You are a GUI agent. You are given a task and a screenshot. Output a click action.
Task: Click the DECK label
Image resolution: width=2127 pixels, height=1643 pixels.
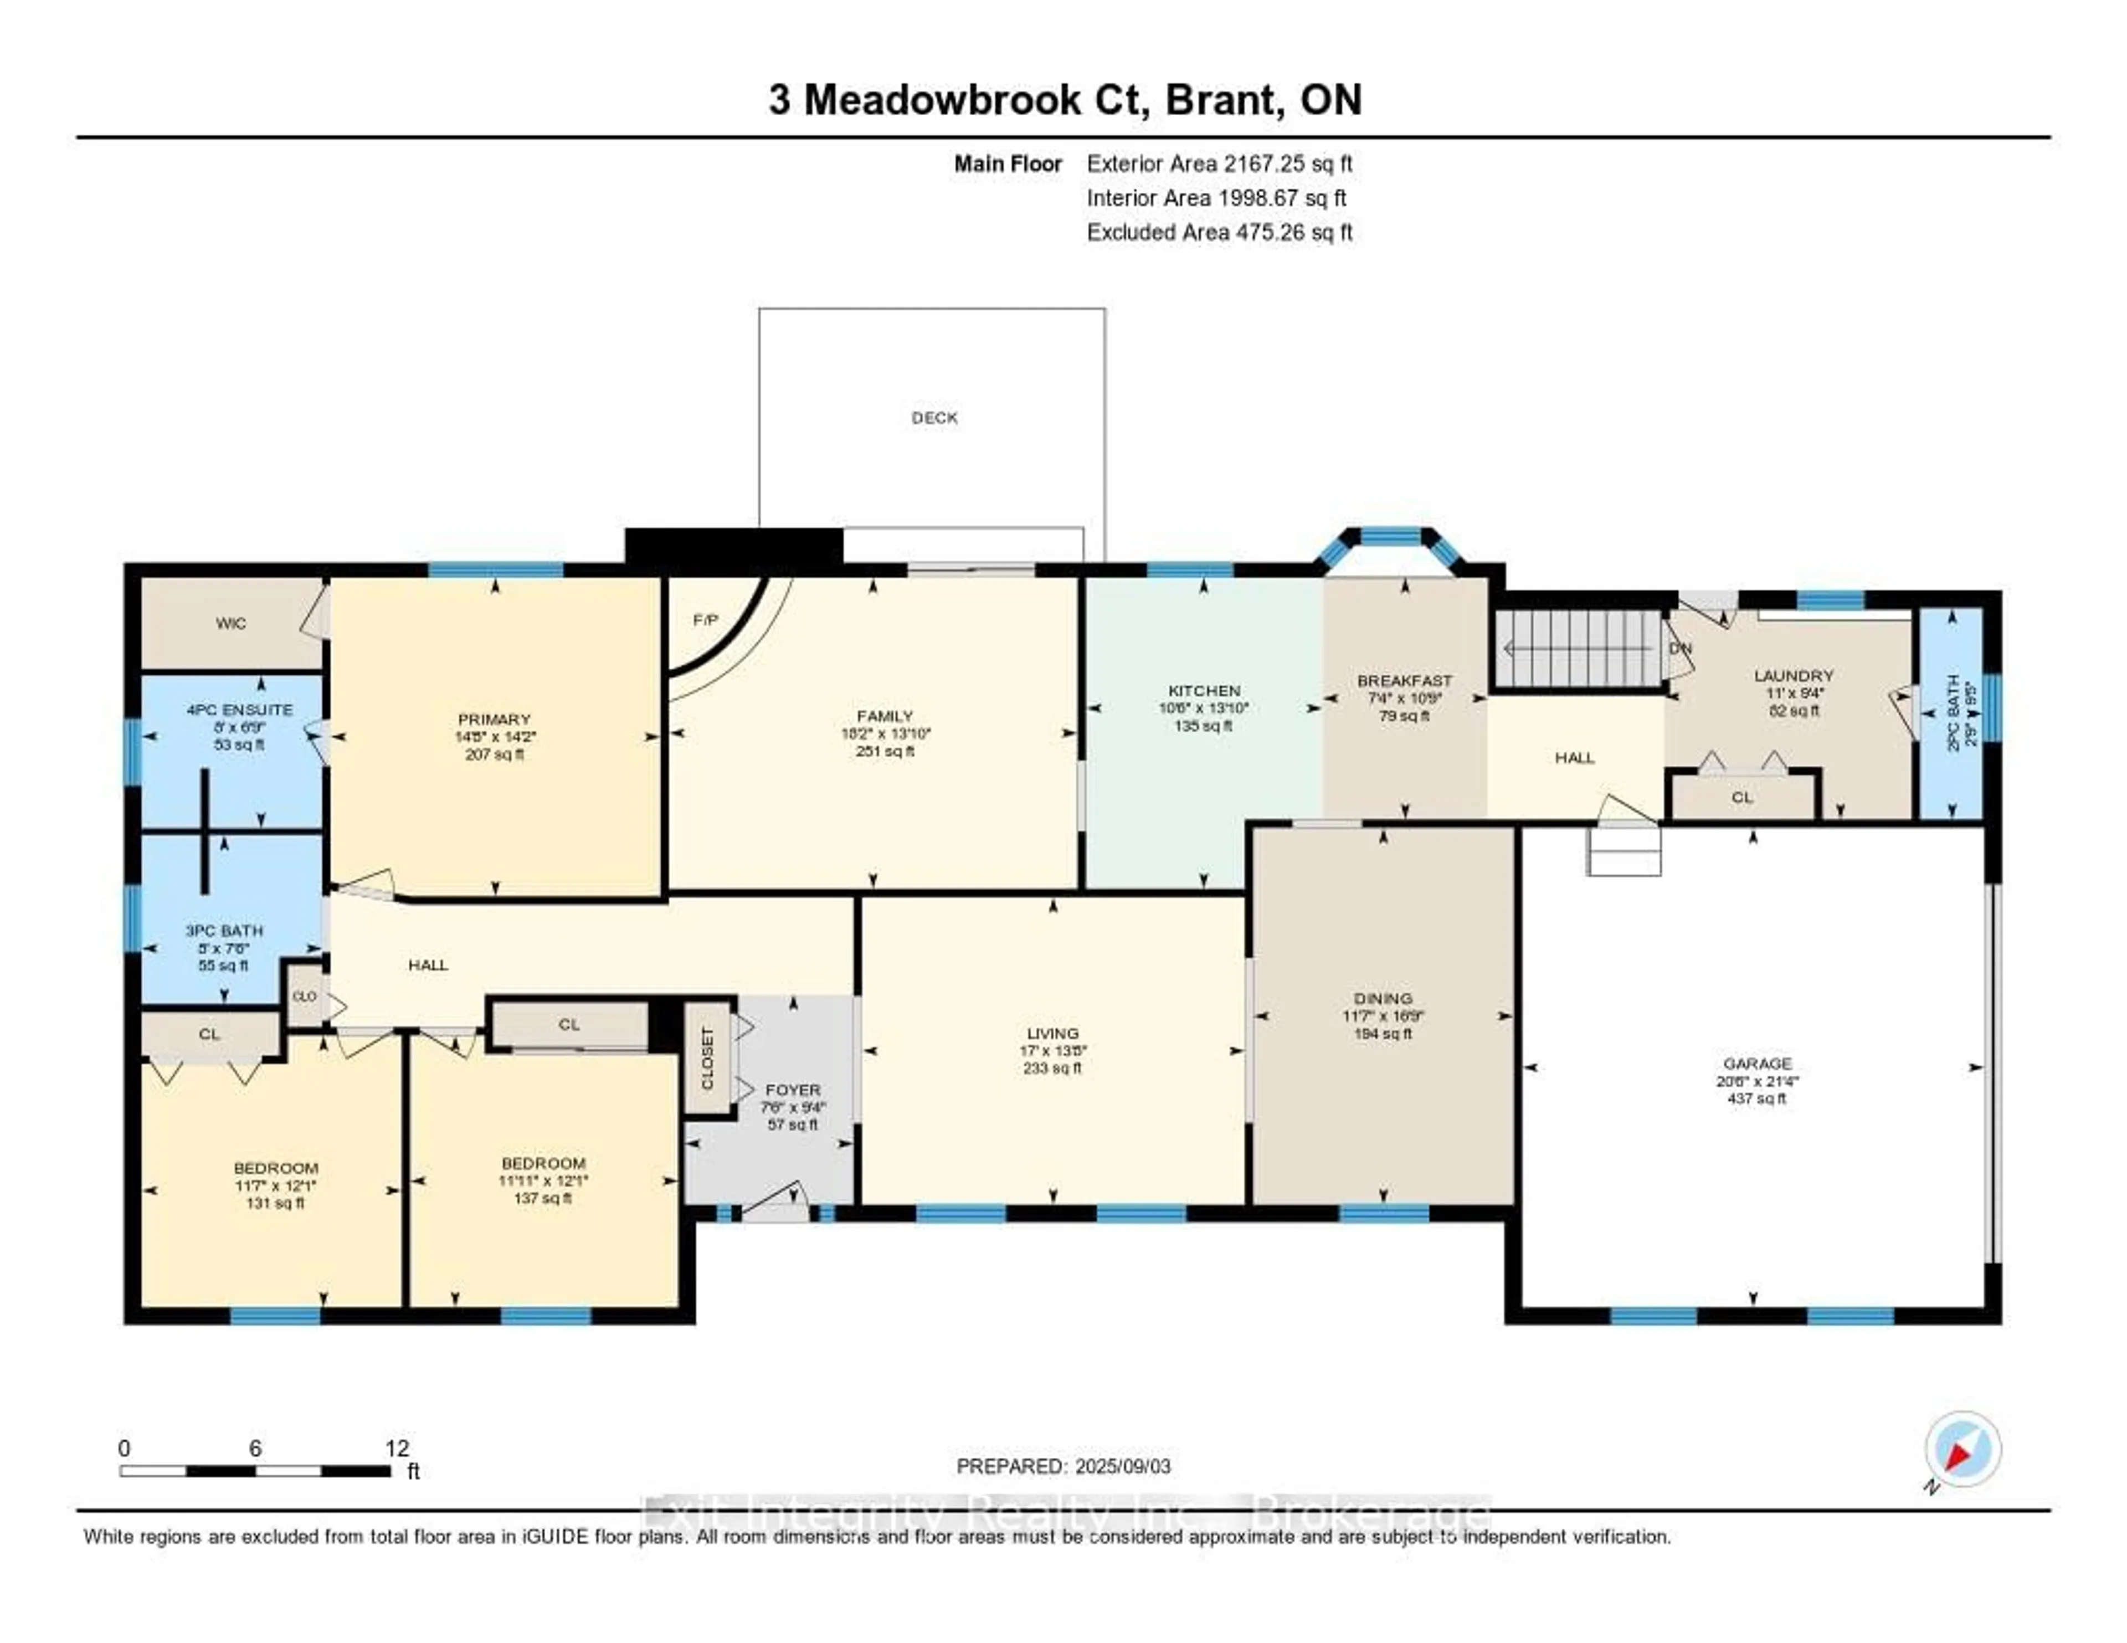[934, 418]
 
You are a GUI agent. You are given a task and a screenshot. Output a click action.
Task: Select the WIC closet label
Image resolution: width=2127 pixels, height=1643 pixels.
[231, 623]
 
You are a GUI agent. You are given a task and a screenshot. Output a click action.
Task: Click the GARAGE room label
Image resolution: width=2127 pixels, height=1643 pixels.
[1757, 1064]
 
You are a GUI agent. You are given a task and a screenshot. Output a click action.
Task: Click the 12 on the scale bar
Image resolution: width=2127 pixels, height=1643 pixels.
[397, 1448]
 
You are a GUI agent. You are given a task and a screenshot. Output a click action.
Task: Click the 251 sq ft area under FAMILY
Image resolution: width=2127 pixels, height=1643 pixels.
[884, 751]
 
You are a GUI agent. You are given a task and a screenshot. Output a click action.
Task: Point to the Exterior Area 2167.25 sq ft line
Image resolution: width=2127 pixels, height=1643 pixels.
[1219, 163]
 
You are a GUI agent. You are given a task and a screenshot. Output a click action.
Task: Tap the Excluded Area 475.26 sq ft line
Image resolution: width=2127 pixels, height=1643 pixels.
[1219, 232]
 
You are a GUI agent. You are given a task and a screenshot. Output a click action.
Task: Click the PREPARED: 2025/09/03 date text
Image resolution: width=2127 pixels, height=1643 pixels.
[1063, 1466]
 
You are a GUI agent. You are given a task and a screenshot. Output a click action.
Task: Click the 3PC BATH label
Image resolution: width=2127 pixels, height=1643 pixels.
[224, 930]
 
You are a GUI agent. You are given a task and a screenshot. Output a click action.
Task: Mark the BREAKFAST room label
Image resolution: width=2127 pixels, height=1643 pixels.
[1404, 681]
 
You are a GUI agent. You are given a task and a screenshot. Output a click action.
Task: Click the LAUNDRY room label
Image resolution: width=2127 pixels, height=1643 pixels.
[1793, 675]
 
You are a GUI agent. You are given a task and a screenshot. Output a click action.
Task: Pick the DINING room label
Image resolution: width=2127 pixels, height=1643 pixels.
[1382, 998]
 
